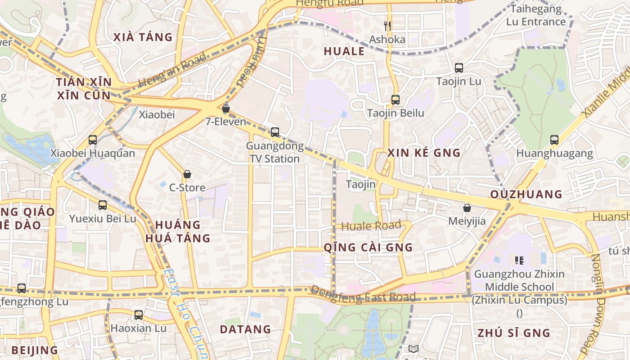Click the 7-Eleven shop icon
tap(226, 108)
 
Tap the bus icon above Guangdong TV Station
tap(274, 132)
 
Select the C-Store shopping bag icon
tap(187, 174)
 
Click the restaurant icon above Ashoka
tap(387, 26)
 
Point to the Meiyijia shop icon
tap(467, 208)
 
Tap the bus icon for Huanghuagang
tap(554, 140)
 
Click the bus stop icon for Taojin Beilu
tap(395, 100)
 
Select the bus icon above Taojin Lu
tap(459, 68)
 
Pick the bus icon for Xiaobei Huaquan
tap(93, 140)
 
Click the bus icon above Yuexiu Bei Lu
tap(103, 205)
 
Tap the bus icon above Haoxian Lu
tap(139, 315)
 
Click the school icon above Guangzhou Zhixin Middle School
tap(519, 260)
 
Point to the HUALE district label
tap(344, 52)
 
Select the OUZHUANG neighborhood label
tap(526, 194)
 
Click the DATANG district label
tap(245, 329)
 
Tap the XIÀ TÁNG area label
tap(143, 37)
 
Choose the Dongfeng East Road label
tap(363, 294)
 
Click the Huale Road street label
tap(371, 226)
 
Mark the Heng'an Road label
tap(172, 70)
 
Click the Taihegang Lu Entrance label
tap(535, 15)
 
